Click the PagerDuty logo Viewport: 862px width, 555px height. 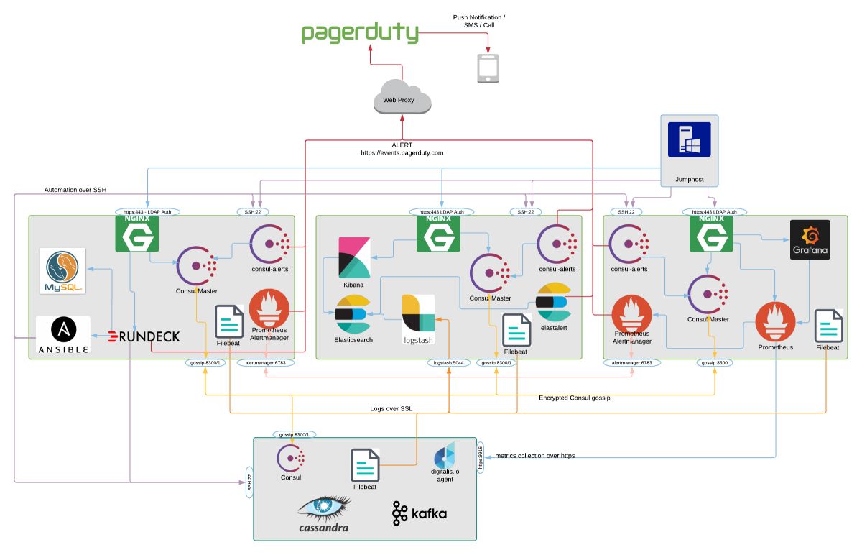tap(359, 32)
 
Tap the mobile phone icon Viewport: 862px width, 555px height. tap(488, 68)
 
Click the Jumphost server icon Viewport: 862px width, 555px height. tap(689, 139)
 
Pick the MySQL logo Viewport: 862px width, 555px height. tap(63, 270)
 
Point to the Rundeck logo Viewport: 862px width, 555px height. tap(144, 336)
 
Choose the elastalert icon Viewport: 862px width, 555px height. tap(553, 303)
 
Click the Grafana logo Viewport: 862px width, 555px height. tap(810, 239)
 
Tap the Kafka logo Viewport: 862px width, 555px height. tap(420, 513)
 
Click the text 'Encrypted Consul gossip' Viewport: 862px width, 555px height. tap(574, 398)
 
